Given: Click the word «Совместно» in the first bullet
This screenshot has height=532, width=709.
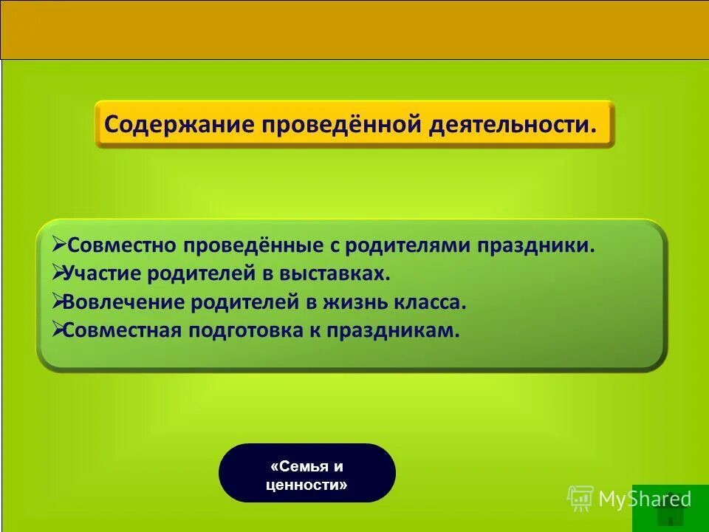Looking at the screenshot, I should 119,245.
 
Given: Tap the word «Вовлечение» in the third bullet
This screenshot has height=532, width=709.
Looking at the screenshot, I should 122,301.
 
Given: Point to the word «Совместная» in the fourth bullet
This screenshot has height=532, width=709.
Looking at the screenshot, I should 122,330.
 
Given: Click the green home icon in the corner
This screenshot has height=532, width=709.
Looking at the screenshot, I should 670,508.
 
